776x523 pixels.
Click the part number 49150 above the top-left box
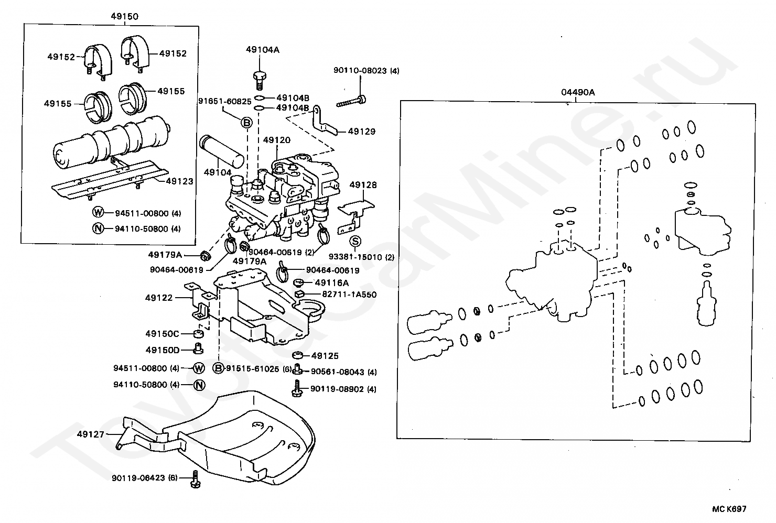[124, 16]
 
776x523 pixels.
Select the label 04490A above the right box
[578, 92]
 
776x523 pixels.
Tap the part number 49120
[277, 140]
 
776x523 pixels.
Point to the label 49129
[362, 132]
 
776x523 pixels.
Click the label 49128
[363, 185]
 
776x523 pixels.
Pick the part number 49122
[159, 298]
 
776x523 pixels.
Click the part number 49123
[179, 181]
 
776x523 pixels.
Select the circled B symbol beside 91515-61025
[219, 368]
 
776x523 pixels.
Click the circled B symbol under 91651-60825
[246, 123]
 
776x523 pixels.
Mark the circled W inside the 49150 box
[98, 213]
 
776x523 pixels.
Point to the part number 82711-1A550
[349, 295]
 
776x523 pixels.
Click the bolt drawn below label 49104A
[258, 80]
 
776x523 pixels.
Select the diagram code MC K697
[729, 508]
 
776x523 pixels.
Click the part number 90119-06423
[138, 478]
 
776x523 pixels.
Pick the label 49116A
[332, 282]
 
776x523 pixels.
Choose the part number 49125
[325, 356]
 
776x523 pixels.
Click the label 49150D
[163, 350]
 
